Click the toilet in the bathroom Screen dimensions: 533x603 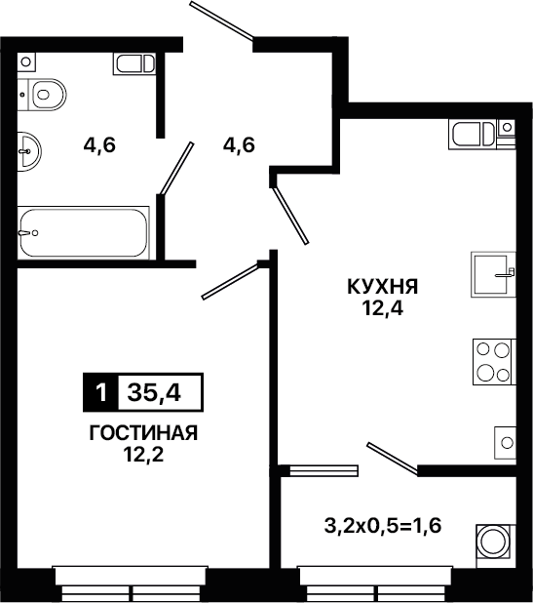[x=42, y=95]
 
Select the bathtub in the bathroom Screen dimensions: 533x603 [x=84, y=232]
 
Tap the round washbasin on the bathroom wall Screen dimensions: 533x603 [x=29, y=151]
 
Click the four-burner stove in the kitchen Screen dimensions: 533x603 [x=494, y=362]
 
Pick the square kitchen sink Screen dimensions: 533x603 [x=493, y=274]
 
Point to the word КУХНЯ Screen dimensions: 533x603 [x=383, y=287]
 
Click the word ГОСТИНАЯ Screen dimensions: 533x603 [x=143, y=433]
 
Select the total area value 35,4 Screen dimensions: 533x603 [x=154, y=392]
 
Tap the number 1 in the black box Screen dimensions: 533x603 [x=101, y=392]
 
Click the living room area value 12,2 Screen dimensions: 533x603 [x=143, y=455]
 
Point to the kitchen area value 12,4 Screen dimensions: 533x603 [x=383, y=308]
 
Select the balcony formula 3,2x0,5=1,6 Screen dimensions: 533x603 [x=383, y=526]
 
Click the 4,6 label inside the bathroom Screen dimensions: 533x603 [x=99, y=145]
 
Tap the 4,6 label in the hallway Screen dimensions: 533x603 [x=239, y=145]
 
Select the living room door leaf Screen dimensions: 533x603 [x=230, y=281]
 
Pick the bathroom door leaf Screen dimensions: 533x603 [x=176, y=168]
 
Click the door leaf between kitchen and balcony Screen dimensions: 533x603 [x=392, y=458]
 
